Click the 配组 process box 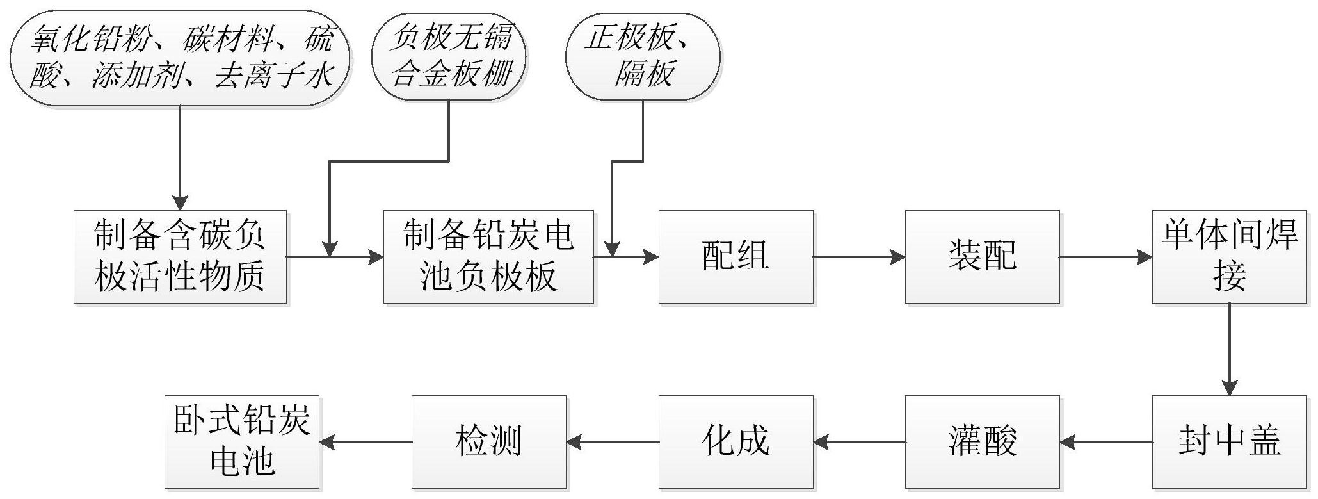[735, 257]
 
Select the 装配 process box [982, 257]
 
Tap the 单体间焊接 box [1229, 257]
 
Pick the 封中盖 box [1229, 442]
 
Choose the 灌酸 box [982, 442]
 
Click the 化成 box [735, 442]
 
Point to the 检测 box [488, 442]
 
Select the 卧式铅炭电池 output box [242, 442]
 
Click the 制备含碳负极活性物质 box [180, 257]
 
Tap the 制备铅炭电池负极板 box [488, 257]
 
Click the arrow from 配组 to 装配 [858, 258]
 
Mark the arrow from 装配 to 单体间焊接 [1105, 258]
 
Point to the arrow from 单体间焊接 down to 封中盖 [1230, 349]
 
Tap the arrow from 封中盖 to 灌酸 [1105, 442]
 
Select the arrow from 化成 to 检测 [613, 442]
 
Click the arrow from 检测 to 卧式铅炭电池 [366, 442]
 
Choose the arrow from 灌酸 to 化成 [859, 442]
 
